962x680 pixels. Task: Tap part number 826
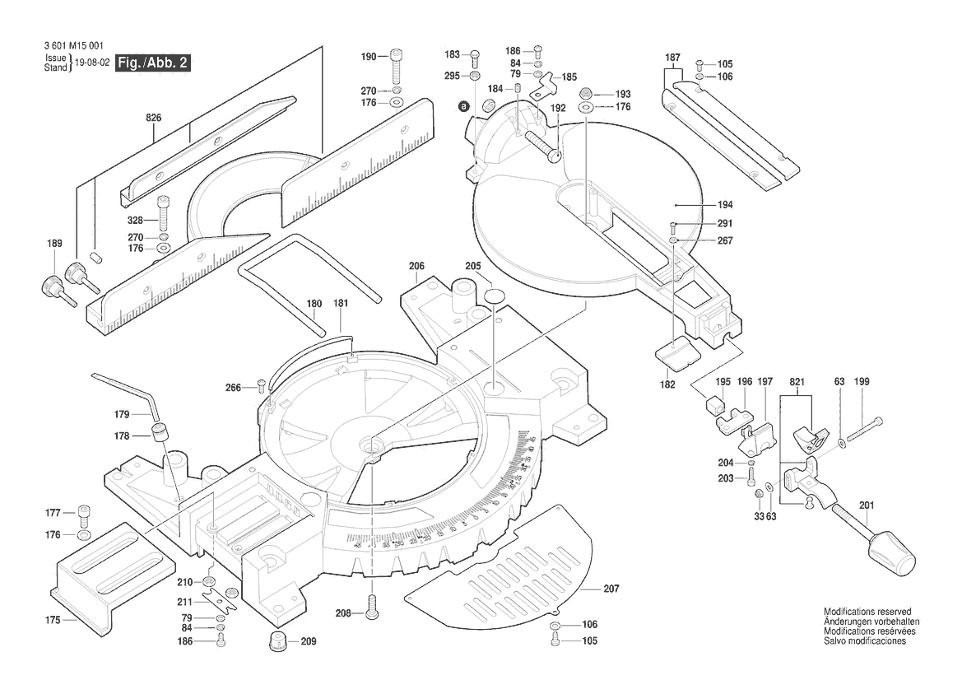tap(153, 118)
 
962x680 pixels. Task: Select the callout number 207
tap(611, 589)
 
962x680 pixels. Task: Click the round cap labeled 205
tap(495, 297)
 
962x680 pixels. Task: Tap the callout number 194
tap(701, 204)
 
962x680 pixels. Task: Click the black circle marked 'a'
tap(464, 106)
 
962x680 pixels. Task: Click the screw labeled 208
tap(372, 610)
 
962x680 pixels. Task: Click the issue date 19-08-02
tap(92, 63)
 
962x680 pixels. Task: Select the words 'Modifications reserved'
tap(867, 612)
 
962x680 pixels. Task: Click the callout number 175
tap(53, 620)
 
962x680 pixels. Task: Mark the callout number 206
tap(416, 266)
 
